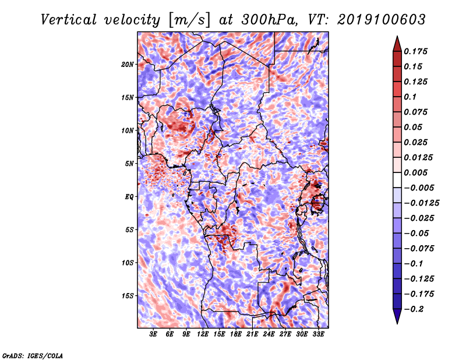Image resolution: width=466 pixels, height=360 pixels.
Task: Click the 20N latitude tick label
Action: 128,65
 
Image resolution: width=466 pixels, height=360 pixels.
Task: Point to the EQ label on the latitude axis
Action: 129,197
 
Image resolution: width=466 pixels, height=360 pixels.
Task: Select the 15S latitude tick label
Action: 128,296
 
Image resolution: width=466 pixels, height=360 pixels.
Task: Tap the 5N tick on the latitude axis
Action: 129,164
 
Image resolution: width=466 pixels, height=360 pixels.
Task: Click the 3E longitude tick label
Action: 153,334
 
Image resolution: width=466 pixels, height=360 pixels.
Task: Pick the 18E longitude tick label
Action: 236,334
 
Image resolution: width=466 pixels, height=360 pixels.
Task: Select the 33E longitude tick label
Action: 318,334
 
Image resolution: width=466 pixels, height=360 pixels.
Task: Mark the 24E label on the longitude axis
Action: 269,334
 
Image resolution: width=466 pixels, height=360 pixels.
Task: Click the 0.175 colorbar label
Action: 415,51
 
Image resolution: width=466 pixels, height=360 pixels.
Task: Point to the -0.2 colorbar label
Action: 414,309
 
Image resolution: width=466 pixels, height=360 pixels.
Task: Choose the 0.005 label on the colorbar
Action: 415,172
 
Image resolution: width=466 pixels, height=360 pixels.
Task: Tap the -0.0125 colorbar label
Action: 421,203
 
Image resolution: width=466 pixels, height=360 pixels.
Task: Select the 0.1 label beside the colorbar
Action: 410,97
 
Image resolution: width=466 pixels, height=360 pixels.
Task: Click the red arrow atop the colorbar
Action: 397,44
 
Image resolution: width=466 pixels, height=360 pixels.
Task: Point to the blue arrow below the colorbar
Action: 397,316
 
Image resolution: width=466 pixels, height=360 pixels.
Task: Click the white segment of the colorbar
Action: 397,180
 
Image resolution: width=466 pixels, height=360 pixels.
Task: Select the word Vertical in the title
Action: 69,20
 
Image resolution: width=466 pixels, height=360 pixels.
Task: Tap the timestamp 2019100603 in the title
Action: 382,20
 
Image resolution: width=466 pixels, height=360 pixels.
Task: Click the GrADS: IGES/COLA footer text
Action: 33,356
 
